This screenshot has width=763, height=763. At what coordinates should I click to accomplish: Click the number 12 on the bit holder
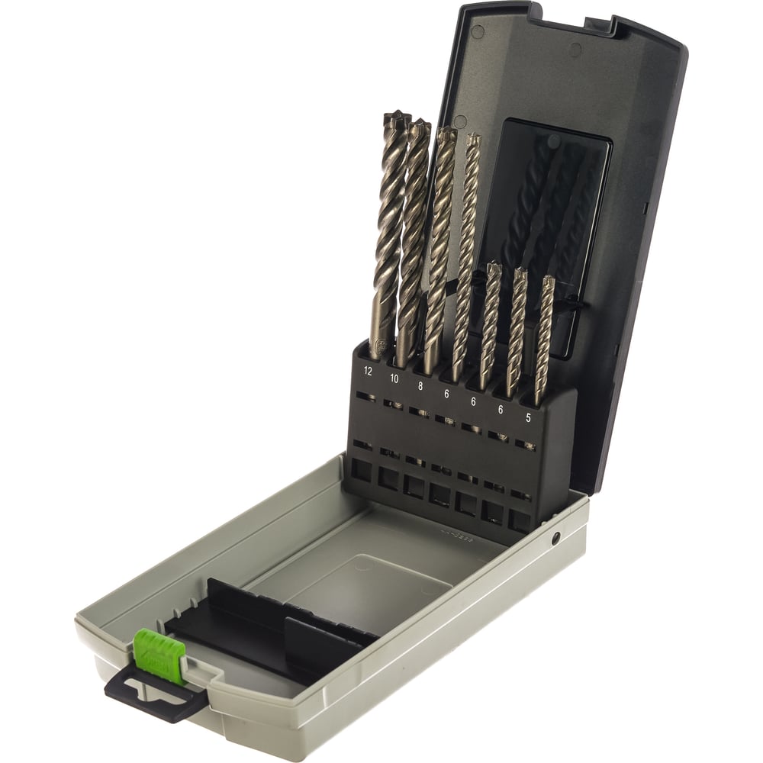369,372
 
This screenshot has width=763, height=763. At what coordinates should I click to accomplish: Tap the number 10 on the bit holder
394,378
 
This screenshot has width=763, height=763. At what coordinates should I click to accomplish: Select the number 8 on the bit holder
420,386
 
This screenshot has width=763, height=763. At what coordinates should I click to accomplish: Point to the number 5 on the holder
527,417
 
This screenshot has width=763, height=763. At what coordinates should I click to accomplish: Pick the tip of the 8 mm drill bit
448,135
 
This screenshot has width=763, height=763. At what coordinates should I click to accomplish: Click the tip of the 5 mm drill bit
548,281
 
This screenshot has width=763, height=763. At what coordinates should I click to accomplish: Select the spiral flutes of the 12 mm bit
391,229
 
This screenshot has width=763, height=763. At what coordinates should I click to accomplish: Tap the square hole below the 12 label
361,470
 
